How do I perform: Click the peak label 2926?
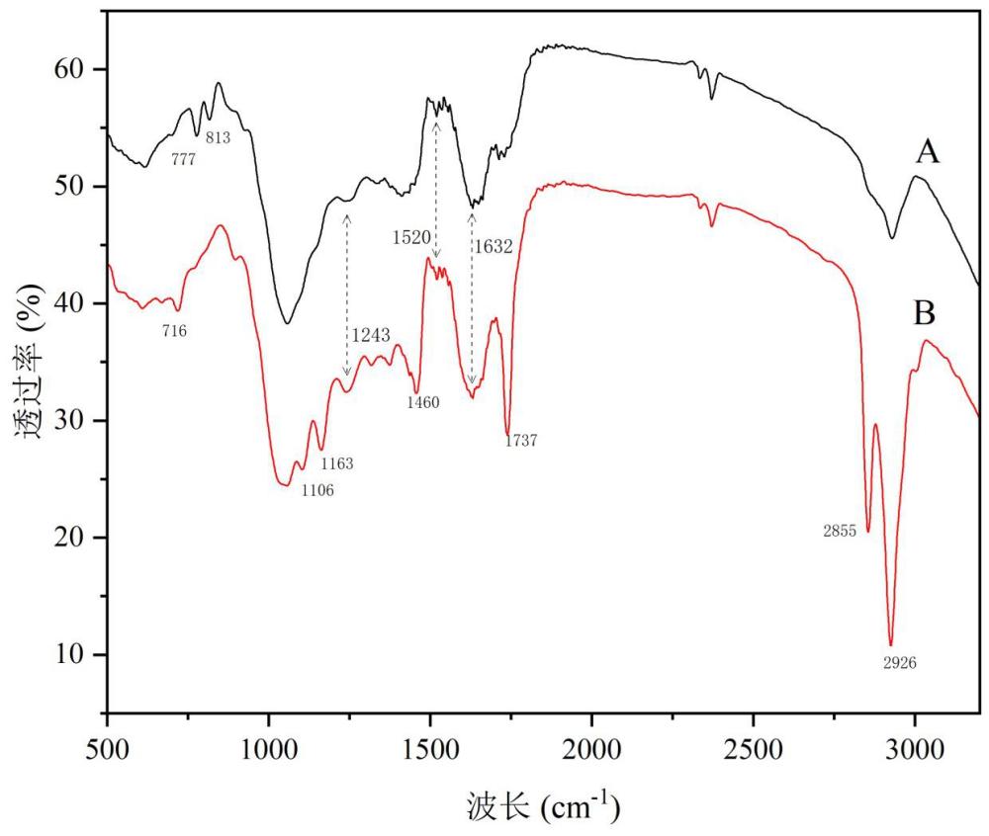[899, 663]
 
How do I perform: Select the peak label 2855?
[840, 531]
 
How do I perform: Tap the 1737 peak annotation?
[521, 441]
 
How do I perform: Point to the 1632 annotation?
[494, 246]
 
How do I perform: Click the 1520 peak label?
[411, 237]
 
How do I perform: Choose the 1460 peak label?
[422, 402]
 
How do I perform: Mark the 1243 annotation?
[371, 335]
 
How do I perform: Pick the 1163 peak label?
[337, 463]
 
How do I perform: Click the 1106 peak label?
[317, 490]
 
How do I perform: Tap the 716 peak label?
[174, 331]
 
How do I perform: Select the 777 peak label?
[184, 159]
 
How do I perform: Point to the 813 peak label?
[219, 137]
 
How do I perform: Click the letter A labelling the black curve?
[928, 153]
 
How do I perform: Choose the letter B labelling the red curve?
[925, 313]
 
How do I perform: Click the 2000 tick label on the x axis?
[591, 750]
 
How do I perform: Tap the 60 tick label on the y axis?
[69, 68]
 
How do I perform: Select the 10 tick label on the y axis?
[69, 654]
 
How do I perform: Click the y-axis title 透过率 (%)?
[29, 362]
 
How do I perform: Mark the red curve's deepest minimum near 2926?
[891, 644]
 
